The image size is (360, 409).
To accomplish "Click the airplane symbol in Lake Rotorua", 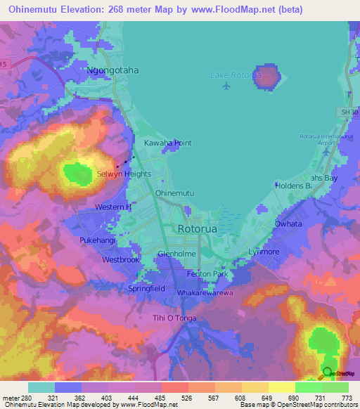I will (x=226, y=86).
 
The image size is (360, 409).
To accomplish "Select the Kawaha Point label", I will (x=168, y=143).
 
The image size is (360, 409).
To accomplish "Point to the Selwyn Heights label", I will (x=124, y=174).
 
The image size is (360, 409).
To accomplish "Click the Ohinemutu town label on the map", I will (x=174, y=193).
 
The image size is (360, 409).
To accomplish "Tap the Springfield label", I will (x=146, y=288).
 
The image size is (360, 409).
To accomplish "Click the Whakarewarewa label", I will (x=205, y=292).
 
